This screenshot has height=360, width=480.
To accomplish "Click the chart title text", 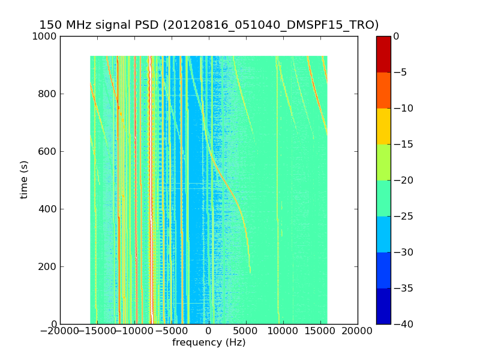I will click(x=209, y=25).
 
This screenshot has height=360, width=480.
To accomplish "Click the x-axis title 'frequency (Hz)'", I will click(x=209, y=343).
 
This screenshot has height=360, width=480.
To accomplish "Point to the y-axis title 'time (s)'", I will click(x=24, y=179).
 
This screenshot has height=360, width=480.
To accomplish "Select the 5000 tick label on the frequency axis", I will click(x=246, y=331).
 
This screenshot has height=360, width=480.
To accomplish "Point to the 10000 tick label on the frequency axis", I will click(x=283, y=331).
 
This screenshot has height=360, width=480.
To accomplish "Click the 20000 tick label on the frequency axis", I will click(x=358, y=331).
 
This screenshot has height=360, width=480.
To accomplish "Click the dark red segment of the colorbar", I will click(x=383, y=54).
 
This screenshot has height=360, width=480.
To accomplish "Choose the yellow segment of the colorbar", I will click(x=383, y=126).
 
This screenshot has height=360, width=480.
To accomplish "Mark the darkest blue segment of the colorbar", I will click(x=383, y=306).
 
